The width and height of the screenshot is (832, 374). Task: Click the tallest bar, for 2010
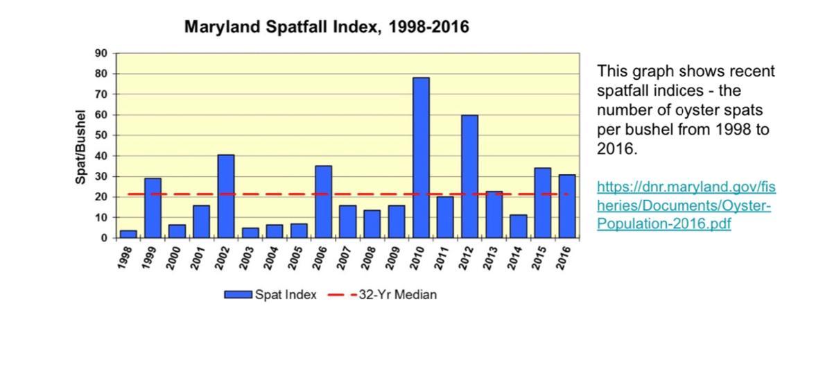click(x=421, y=158)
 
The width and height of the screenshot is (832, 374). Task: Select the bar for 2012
click(x=469, y=176)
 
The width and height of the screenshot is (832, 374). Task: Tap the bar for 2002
click(x=226, y=196)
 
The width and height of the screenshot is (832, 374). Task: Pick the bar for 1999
click(x=153, y=208)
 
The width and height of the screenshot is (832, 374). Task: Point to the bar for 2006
click(x=323, y=202)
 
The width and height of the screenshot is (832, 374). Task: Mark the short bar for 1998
click(x=128, y=234)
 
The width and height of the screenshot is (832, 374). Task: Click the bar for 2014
click(x=519, y=226)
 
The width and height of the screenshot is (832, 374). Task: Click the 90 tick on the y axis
click(x=101, y=53)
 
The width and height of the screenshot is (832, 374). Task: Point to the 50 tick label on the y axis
click(x=101, y=135)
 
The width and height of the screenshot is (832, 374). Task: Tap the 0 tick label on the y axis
click(x=104, y=238)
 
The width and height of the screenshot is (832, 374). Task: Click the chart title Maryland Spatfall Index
click(x=327, y=27)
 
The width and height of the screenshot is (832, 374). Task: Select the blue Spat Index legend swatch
click(x=238, y=295)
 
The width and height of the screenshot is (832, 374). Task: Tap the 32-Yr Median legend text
click(x=397, y=295)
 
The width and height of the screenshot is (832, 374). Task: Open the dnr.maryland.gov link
click(x=686, y=205)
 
